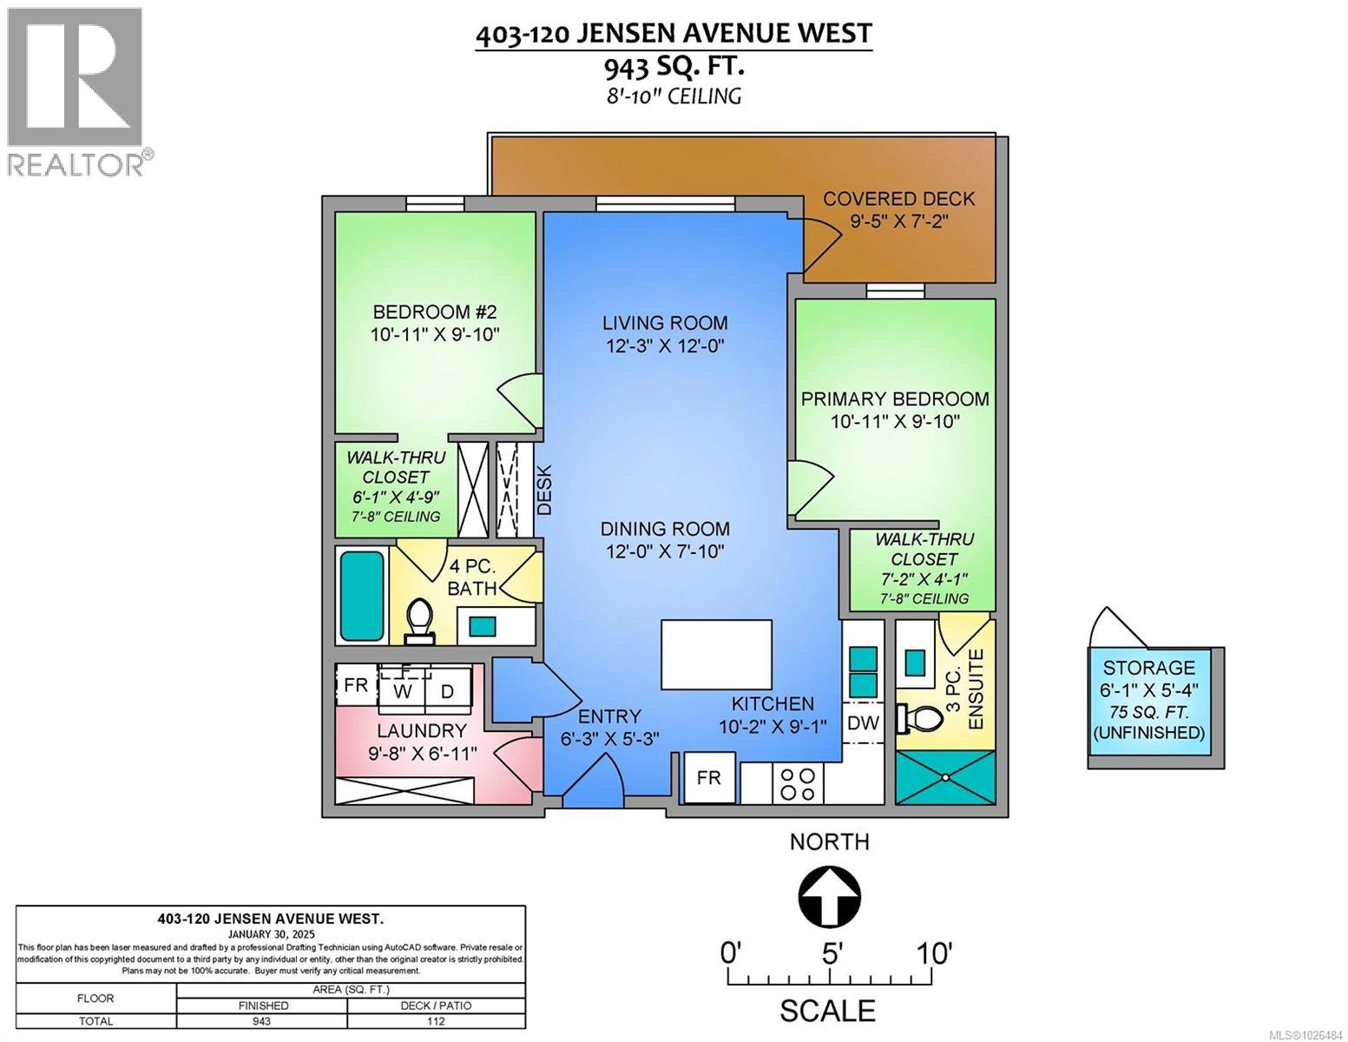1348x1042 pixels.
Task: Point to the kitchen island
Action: [x=716, y=653]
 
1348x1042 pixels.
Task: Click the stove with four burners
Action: [x=798, y=783]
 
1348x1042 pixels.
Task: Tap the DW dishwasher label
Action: [x=863, y=722]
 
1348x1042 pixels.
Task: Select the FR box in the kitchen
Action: [x=708, y=777]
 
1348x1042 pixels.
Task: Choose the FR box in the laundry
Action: [x=356, y=685]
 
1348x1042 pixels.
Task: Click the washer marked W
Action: [x=402, y=691]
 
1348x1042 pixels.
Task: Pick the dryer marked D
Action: [x=447, y=691]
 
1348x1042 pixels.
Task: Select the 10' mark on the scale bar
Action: [x=933, y=953]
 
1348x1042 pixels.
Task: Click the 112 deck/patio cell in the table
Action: [x=437, y=1021]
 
